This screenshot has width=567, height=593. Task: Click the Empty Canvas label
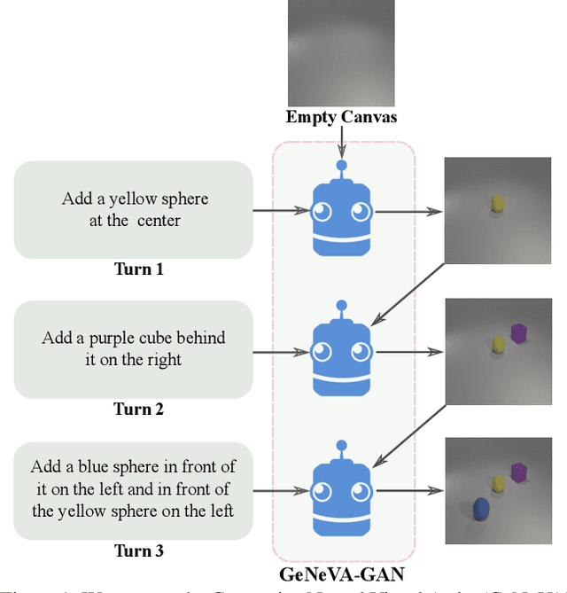pyautogui.click(x=342, y=117)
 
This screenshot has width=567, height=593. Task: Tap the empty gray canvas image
pyautogui.click(x=342, y=53)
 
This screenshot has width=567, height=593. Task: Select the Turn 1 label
pyautogui.click(x=138, y=269)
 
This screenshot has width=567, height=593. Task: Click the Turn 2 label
pyautogui.click(x=138, y=410)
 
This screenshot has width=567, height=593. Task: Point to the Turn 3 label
pyautogui.click(x=138, y=550)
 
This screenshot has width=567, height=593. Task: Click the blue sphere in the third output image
pyautogui.click(x=481, y=509)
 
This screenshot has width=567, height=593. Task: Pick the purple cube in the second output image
pyautogui.click(x=519, y=333)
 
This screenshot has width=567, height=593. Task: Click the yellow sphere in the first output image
pyautogui.click(x=498, y=205)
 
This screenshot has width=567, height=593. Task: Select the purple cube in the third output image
pyautogui.click(x=519, y=472)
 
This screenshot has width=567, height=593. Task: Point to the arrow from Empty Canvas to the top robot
pyautogui.click(x=342, y=140)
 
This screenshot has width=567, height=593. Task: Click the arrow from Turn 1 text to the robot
pyautogui.click(x=281, y=211)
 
